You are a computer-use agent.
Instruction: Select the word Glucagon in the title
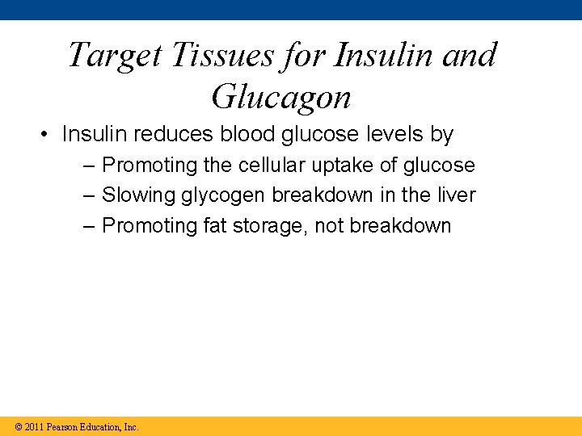[x=280, y=97]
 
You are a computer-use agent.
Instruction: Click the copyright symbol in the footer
[x=19, y=426]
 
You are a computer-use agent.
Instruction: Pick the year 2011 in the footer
[x=34, y=426]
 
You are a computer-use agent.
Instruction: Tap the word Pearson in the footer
[x=62, y=426]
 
